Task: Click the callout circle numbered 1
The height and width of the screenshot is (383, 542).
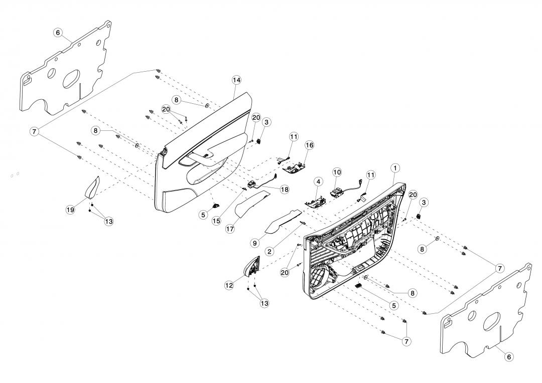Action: click(395, 167)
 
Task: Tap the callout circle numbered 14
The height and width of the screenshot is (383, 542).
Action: click(237, 80)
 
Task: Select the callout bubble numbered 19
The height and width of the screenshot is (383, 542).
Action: click(70, 210)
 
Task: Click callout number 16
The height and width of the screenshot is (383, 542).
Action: click(309, 145)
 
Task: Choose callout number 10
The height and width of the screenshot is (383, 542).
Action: click(337, 172)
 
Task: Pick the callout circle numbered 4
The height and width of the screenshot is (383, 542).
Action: click(318, 181)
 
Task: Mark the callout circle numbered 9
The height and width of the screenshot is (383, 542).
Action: click(255, 243)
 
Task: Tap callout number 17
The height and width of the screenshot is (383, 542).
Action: click(230, 229)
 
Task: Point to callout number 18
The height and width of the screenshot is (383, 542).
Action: click(285, 189)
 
